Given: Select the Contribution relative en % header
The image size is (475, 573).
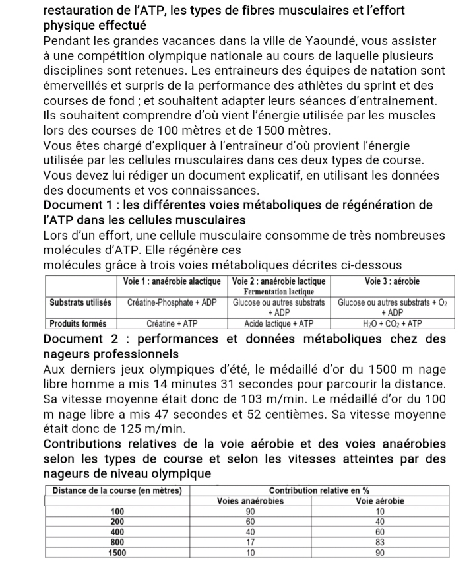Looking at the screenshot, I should [320, 490].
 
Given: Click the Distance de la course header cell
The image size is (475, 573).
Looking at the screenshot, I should [117, 490].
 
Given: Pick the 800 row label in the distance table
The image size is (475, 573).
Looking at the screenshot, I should [117, 542].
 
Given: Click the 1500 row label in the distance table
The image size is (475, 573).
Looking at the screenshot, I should [117, 553].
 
